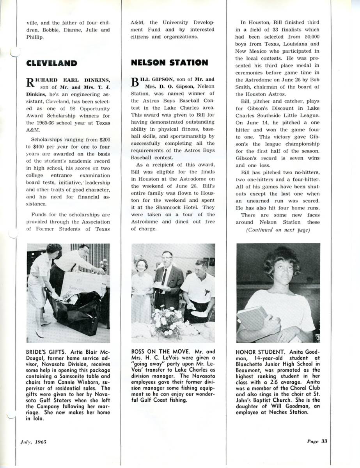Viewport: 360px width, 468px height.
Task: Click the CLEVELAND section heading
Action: click(x=51, y=63)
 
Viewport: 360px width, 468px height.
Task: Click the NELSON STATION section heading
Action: click(x=169, y=62)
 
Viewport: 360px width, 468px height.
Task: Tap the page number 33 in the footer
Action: click(x=317, y=441)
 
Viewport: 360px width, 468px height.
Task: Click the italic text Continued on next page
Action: click(x=278, y=230)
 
